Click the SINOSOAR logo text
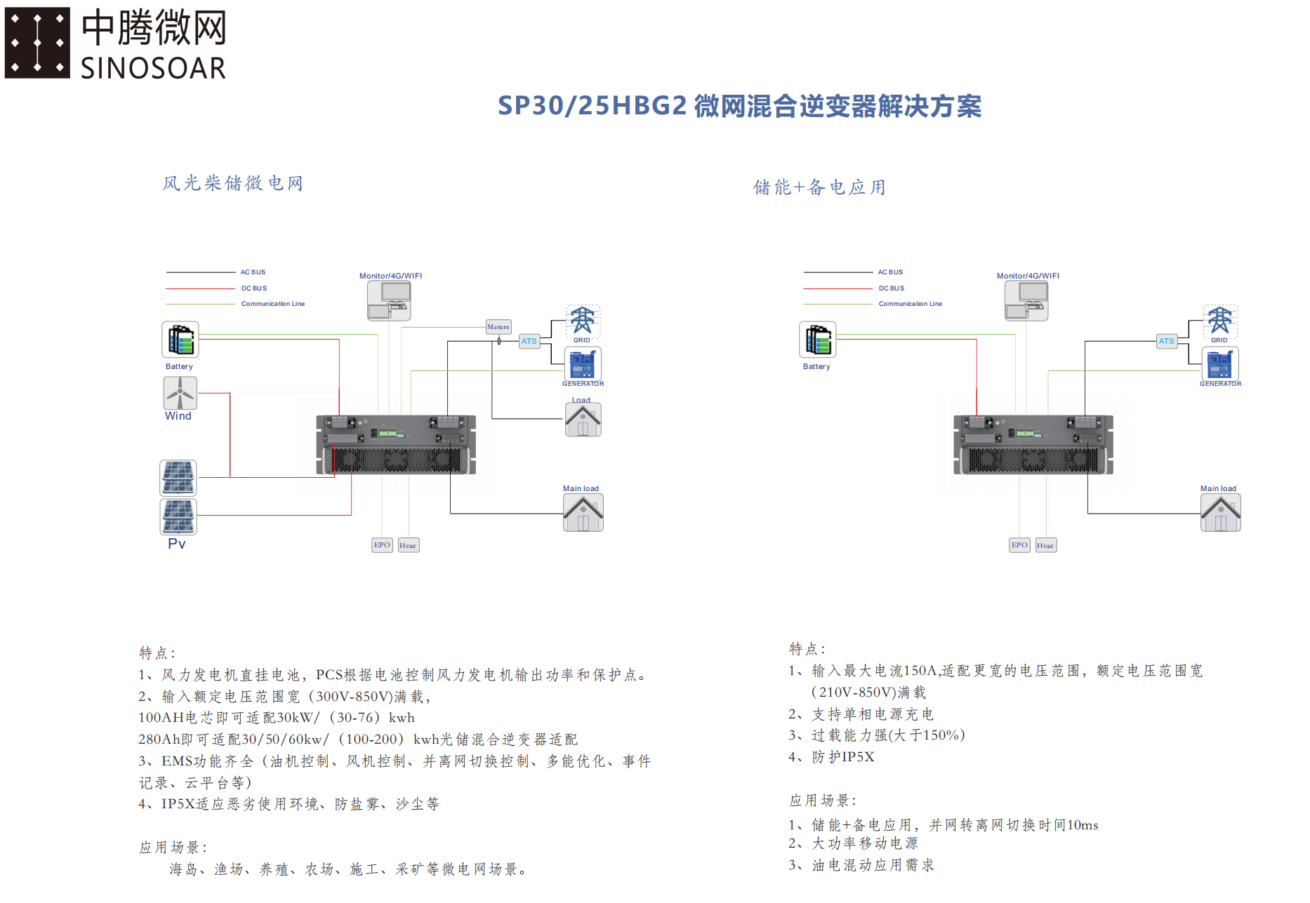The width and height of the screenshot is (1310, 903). [153, 69]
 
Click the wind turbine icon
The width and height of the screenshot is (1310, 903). [180, 393]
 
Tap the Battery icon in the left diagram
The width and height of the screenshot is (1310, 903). [180, 340]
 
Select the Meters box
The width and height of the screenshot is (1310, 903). [498, 327]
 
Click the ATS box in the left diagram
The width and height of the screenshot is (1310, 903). [529, 341]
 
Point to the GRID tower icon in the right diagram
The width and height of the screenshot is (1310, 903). [1219, 321]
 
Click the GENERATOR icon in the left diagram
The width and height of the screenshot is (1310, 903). [583, 363]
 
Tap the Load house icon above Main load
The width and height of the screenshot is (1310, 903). [583, 420]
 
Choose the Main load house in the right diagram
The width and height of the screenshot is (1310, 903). [1220, 513]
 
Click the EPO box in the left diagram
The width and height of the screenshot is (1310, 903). [382, 545]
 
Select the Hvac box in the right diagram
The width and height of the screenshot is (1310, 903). [1045, 545]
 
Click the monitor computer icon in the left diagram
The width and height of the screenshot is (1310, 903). [389, 301]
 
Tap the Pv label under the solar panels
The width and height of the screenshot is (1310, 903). [177, 544]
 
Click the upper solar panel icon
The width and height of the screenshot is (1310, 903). [178, 478]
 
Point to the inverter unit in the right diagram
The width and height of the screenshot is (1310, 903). [1033, 445]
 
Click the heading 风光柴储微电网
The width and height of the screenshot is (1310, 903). [232, 184]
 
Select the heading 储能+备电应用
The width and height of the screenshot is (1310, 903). [819, 187]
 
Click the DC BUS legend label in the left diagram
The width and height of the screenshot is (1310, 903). [254, 288]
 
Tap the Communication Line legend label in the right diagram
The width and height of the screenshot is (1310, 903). [910, 304]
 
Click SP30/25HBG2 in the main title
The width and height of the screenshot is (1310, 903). [592, 106]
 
